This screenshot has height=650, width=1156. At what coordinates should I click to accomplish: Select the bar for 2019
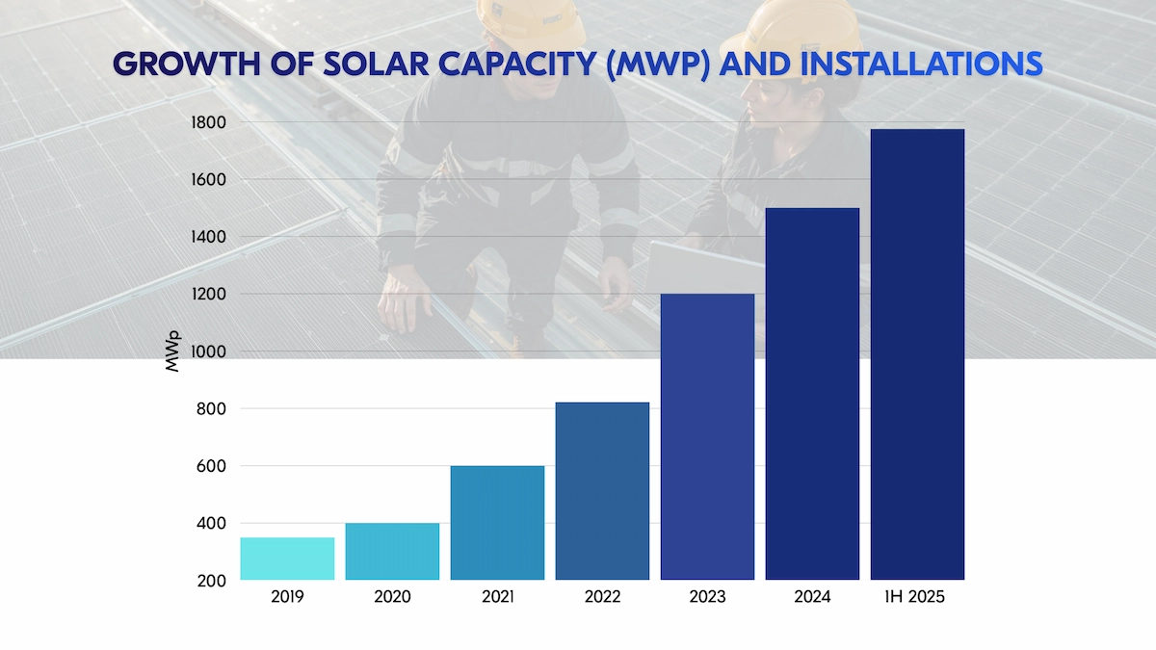(x=287, y=559)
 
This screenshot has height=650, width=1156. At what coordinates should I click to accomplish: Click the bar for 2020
(x=392, y=551)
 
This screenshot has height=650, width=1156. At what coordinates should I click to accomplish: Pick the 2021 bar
(x=497, y=522)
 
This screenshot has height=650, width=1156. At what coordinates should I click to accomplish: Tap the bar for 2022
(x=602, y=491)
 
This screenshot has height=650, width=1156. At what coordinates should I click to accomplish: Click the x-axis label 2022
(x=602, y=597)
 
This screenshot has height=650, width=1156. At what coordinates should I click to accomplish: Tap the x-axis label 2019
(x=287, y=597)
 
